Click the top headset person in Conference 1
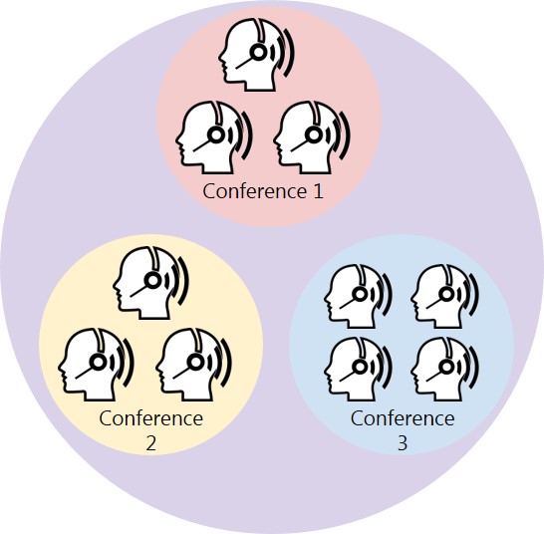(x=256, y=55)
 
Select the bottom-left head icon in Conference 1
(x=213, y=137)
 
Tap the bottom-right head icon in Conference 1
(x=311, y=137)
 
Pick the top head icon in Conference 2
(x=150, y=283)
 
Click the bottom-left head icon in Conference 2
(x=96, y=365)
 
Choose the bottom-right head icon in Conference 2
(x=193, y=365)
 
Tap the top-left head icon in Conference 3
(x=358, y=296)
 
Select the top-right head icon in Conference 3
(x=444, y=296)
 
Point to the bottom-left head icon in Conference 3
(x=358, y=369)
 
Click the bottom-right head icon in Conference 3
(x=444, y=369)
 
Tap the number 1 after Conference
(x=318, y=191)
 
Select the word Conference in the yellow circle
(x=150, y=418)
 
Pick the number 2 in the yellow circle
(x=150, y=443)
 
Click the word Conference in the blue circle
(x=403, y=418)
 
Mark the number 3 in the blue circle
(x=403, y=443)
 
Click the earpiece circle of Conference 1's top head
(x=258, y=52)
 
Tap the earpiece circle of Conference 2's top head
(x=152, y=280)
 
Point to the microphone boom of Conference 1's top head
(x=244, y=63)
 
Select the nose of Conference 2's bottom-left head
(x=61, y=366)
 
